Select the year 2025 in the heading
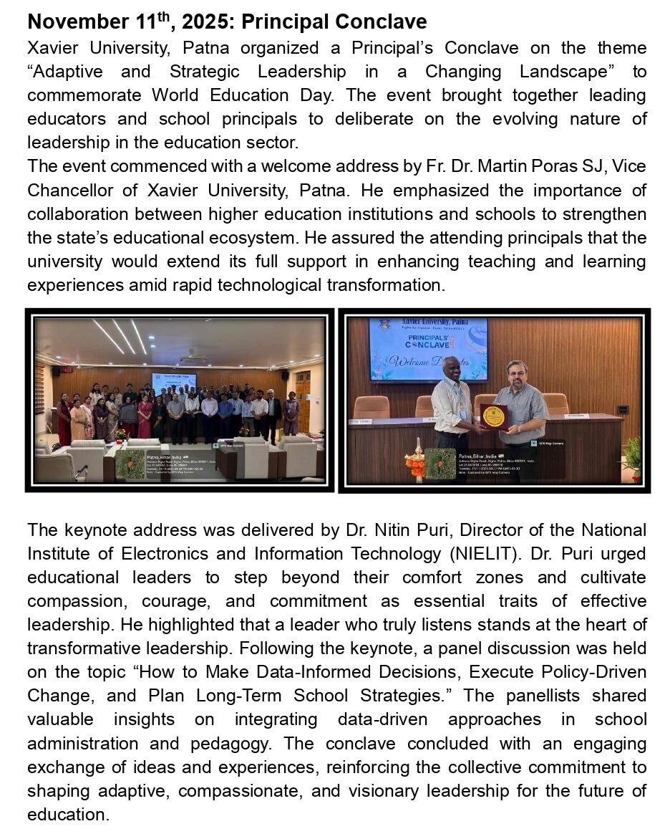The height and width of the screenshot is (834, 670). [x=208, y=22]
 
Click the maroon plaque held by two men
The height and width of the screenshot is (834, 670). [x=493, y=416]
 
